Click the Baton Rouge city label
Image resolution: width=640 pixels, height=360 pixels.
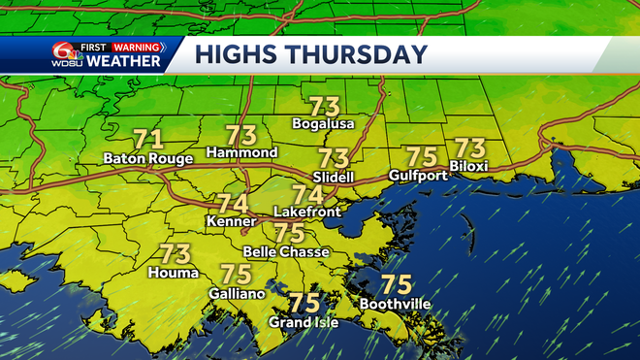(x=147, y=158)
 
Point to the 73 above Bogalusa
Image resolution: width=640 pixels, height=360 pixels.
(x=324, y=107)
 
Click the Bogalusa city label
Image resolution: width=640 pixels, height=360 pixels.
(x=324, y=124)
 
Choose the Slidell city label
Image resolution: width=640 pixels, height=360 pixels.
(x=334, y=176)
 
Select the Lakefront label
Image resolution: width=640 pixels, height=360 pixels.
(x=307, y=211)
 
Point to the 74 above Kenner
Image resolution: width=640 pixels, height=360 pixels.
(x=232, y=205)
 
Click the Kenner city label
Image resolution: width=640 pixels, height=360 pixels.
(x=232, y=222)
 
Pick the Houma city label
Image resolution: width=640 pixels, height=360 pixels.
(x=175, y=273)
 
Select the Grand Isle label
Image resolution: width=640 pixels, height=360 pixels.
(x=304, y=322)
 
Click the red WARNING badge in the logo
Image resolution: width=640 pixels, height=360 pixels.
(x=135, y=45)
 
